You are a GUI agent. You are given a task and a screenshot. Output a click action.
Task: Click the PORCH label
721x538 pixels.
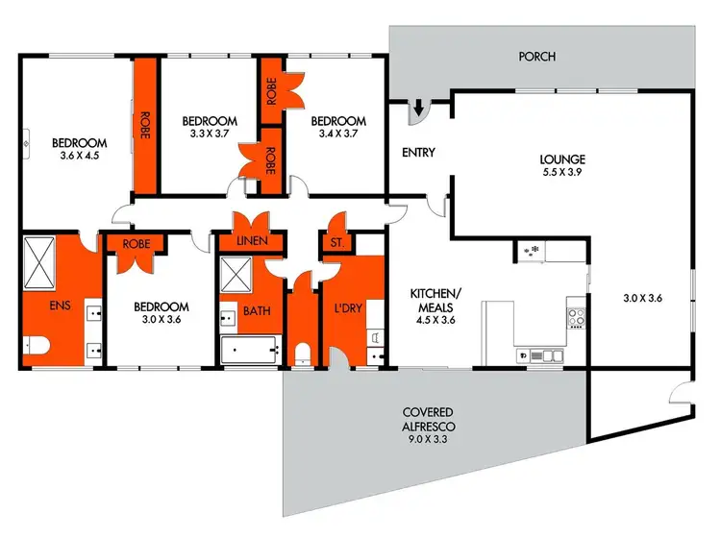(x=536, y=57)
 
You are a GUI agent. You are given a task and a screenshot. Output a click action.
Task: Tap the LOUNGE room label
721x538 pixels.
(x=562, y=159)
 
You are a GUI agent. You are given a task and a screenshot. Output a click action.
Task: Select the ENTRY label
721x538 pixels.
(x=418, y=153)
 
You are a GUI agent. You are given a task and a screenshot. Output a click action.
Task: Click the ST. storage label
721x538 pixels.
(x=336, y=242)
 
